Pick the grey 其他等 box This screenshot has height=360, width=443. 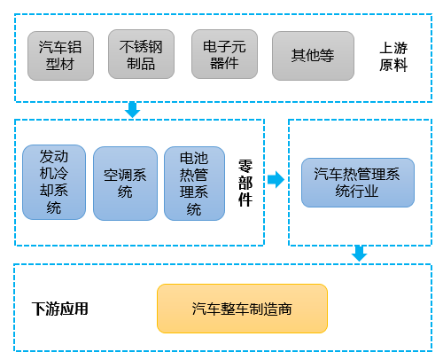[x=312, y=55]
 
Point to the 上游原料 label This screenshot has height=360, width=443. [x=393, y=56]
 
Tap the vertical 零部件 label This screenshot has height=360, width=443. [x=245, y=182]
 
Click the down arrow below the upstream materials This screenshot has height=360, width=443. [x=133, y=109]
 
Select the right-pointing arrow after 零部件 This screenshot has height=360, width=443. [x=276, y=180]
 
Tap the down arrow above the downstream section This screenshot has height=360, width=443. [x=358, y=253]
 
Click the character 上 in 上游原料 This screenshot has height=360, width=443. [x=385, y=47]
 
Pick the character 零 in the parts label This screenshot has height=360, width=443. [x=245, y=164]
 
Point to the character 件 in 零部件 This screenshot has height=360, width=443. [x=245, y=200]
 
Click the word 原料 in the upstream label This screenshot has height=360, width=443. [x=393, y=65]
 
